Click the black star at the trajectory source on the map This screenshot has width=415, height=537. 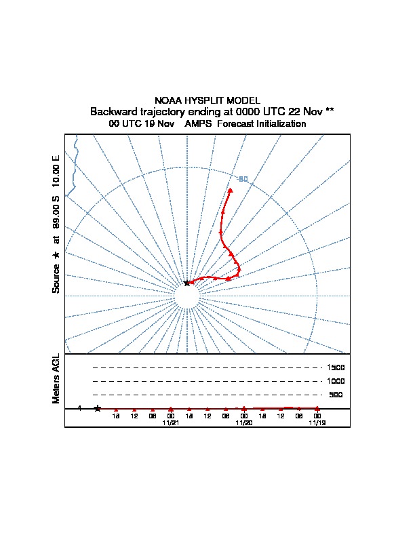point(187,283)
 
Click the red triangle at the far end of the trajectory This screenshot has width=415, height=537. point(231,191)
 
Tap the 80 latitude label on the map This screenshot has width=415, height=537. point(243,179)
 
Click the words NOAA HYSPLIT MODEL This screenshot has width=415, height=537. point(207,100)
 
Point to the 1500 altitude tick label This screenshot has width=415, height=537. point(336,367)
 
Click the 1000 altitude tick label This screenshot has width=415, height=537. point(336,381)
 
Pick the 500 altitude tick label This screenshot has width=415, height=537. point(336,395)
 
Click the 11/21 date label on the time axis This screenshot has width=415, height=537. point(171,422)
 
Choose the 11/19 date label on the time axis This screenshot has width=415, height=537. point(317,422)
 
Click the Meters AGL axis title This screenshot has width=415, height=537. point(56,379)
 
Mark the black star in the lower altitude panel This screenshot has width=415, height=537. point(98,408)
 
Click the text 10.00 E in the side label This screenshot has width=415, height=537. point(56,173)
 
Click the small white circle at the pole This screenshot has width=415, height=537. point(187,296)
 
